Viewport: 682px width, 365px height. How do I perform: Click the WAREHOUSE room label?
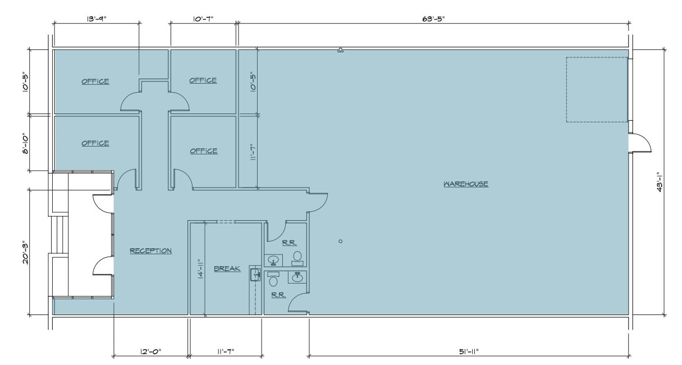tap(465, 184)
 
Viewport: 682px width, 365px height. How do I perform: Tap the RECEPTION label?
tap(150, 250)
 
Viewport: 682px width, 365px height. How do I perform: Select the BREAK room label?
tap(227, 268)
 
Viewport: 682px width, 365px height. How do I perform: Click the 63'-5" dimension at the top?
tap(433, 19)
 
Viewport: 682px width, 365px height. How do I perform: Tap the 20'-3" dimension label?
tap(25, 252)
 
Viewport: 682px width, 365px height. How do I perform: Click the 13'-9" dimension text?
tap(96, 19)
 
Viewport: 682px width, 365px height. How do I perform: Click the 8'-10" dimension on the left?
tap(25, 143)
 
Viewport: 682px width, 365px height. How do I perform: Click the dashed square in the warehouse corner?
tap(596, 89)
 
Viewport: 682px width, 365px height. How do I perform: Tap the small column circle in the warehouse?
tap(340, 241)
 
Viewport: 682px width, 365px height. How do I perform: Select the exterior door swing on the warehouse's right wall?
tap(640, 143)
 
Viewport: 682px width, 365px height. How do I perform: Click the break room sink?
tap(255, 274)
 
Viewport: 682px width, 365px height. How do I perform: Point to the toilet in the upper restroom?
tap(297, 257)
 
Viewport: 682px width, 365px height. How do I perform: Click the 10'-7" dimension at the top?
tap(203, 19)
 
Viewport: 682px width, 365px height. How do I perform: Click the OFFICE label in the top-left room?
tap(95, 81)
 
